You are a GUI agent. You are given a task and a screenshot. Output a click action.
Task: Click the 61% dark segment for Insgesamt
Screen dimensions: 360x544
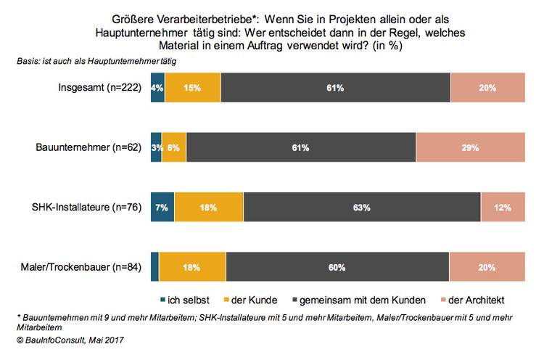(x=335, y=88)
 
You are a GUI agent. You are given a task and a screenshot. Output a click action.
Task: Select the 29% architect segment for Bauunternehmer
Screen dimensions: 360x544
(x=470, y=147)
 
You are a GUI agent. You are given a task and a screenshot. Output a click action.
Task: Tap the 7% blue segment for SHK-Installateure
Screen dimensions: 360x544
(x=162, y=207)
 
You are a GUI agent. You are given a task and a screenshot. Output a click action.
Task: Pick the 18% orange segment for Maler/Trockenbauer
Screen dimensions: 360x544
(x=192, y=267)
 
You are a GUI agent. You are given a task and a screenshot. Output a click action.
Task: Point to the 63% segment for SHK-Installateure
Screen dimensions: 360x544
(x=362, y=207)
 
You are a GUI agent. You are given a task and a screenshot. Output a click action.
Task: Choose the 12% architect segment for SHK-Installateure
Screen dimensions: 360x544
(x=502, y=207)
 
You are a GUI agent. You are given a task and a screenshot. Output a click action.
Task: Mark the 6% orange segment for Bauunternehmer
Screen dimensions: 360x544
(x=174, y=147)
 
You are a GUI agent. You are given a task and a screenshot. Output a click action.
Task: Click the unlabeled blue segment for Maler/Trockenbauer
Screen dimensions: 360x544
(x=154, y=267)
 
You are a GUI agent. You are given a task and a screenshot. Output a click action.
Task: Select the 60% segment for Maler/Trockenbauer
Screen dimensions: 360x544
(x=337, y=267)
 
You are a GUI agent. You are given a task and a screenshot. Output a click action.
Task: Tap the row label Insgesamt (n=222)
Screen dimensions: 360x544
(x=102, y=88)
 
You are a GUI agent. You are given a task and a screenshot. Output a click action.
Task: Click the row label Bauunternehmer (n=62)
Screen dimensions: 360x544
(x=91, y=148)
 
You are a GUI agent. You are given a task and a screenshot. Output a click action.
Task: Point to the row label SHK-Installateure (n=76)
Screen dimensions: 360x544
(x=87, y=208)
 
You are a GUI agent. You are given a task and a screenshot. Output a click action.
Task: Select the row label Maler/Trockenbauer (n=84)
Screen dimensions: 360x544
(x=83, y=268)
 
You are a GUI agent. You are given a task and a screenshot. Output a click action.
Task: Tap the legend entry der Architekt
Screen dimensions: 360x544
(x=471, y=300)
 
